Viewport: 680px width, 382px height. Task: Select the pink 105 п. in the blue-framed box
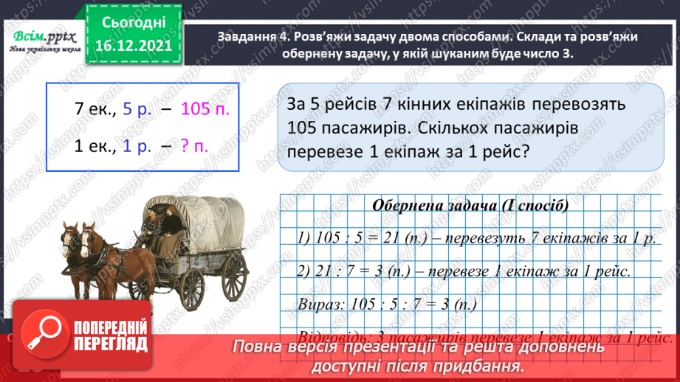pos(205,110)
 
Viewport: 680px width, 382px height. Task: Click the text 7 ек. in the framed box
pos(92,110)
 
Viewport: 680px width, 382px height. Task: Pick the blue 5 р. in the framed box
pos(137,110)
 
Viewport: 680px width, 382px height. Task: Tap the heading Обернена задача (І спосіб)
pos(470,206)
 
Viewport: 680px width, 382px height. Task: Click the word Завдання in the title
pos(250,36)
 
